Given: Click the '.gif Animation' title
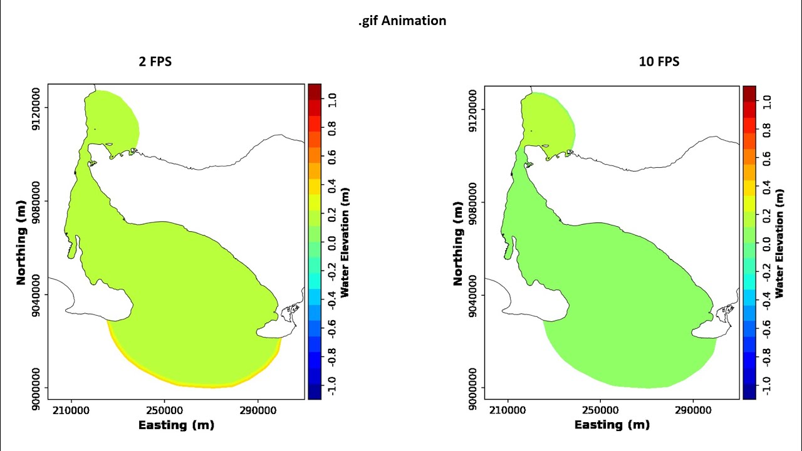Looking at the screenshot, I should pos(402,21).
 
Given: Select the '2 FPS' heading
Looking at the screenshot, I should pos(155,61).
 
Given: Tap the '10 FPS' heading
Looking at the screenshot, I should pos(659,61).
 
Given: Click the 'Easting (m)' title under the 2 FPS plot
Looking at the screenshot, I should pos(176,425).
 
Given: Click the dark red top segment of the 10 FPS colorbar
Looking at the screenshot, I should pos(749,93).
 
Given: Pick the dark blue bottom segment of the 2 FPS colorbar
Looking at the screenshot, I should pos(315,391).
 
